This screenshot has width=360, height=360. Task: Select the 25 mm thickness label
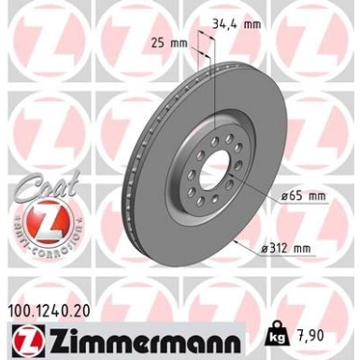pyautogui.click(x=169, y=43)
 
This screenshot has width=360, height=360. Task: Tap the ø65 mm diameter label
pyautogui.click(x=305, y=195)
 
